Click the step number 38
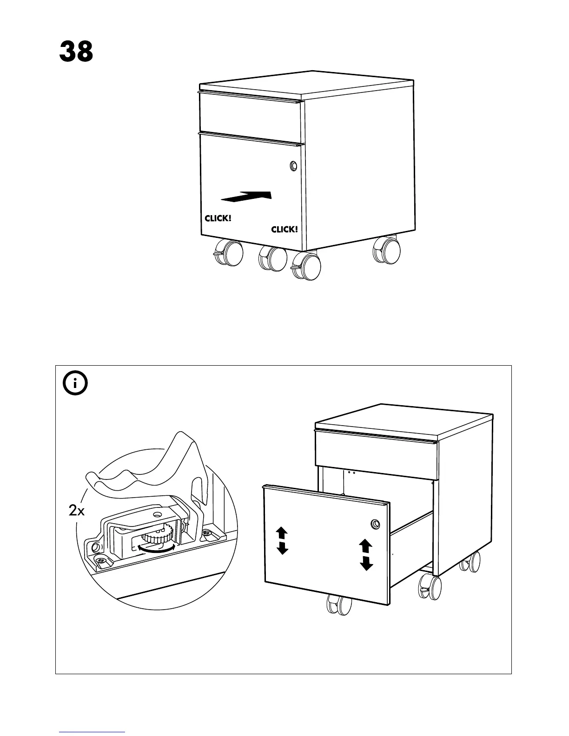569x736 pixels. pos(76,52)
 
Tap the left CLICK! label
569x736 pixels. pos(218,218)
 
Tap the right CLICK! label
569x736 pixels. pos(284,230)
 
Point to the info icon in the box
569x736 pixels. pos(75,384)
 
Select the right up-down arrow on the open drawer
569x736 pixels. pos(366,554)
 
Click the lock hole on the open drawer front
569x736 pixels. pos(374,524)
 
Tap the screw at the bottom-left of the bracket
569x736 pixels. pos(102,561)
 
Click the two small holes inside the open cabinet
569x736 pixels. pos(351,473)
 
